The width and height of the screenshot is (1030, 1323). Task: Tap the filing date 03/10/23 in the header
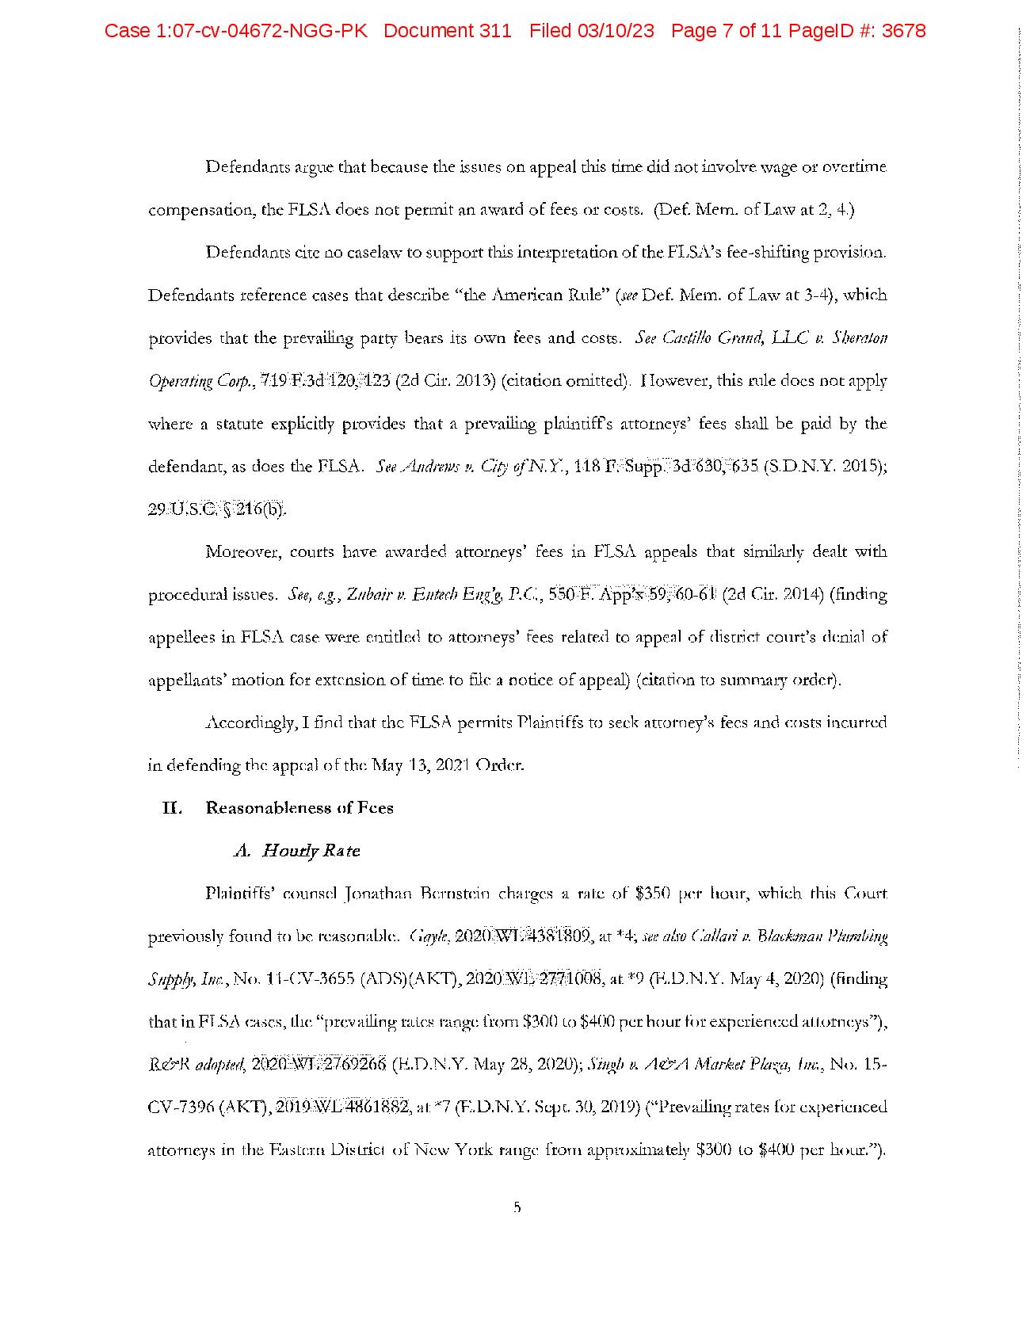(621, 32)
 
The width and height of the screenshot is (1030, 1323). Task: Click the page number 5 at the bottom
(517, 1207)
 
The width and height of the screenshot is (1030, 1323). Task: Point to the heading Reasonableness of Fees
(299, 808)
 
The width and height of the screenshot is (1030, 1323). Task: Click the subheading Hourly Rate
(311, 851)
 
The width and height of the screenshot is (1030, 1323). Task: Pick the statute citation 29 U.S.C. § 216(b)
(217, 509)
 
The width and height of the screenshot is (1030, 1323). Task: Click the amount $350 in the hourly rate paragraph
(654, 894)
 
